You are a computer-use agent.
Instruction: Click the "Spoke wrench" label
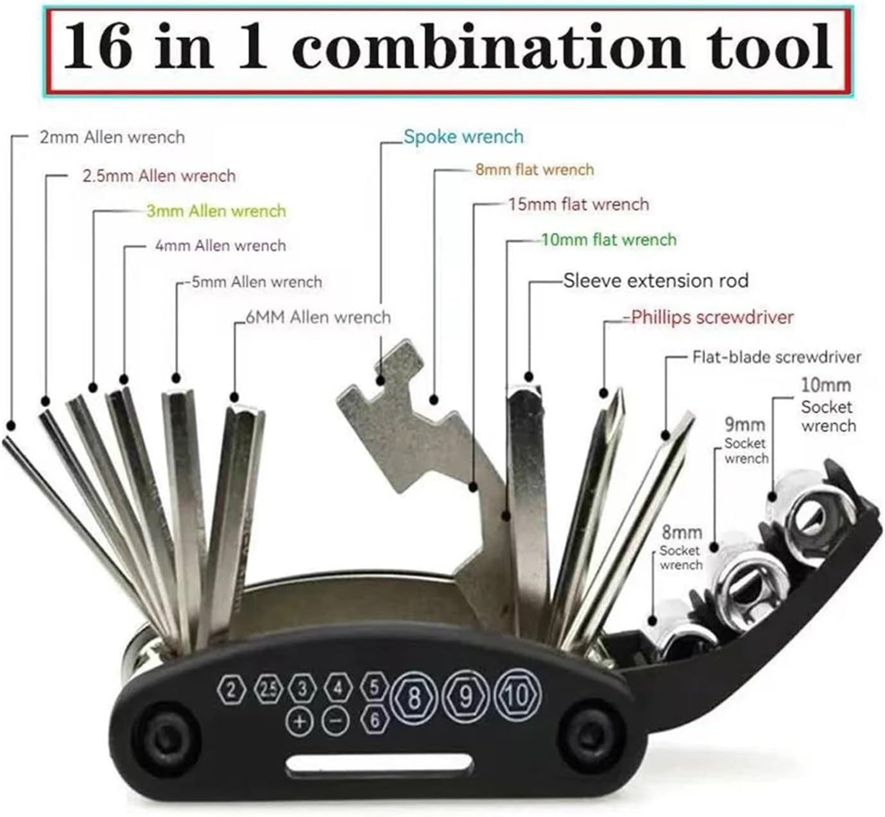tap(463, 137)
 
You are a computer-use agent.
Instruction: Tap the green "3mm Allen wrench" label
tap(216, 211)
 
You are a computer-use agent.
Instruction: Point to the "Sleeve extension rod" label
tap(656, 280)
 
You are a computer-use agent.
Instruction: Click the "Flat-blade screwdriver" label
tap(777, 357)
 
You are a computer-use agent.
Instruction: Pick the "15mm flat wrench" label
tap(578, 204)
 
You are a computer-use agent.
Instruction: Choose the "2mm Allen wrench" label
tap(112, 137)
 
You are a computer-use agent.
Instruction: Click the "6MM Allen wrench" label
tap(318, 316)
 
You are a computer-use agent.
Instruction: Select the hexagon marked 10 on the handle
tap(518, 693)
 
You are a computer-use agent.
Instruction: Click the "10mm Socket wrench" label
tap(828, 406)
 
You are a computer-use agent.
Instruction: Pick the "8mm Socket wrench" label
tap(682, 549)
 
